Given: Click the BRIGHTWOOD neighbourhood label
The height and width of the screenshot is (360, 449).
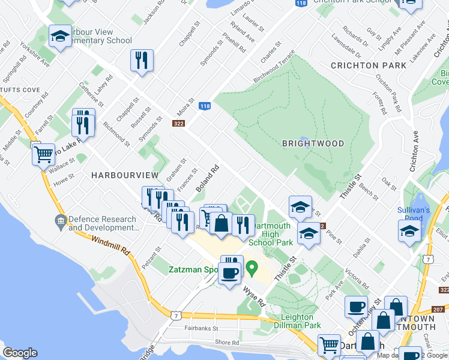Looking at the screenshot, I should pos(313,143).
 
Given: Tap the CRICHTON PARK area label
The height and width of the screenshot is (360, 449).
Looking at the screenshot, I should pos(364,65).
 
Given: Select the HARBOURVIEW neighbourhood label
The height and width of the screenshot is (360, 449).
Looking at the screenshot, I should pos(125,175).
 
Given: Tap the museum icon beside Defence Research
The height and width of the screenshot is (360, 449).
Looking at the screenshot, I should pos(61,223).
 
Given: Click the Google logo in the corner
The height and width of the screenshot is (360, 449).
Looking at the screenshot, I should pos(20,353).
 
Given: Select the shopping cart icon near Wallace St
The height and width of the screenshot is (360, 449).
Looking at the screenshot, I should pos(44,154).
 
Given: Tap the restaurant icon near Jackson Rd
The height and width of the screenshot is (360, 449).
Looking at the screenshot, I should pos(142,60).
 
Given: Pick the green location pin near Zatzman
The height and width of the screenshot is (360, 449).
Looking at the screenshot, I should pos(253,266).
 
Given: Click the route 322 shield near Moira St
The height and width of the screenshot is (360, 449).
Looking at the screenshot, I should pos(178,124).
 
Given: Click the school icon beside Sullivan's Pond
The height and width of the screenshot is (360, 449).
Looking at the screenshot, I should pos(409,230).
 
